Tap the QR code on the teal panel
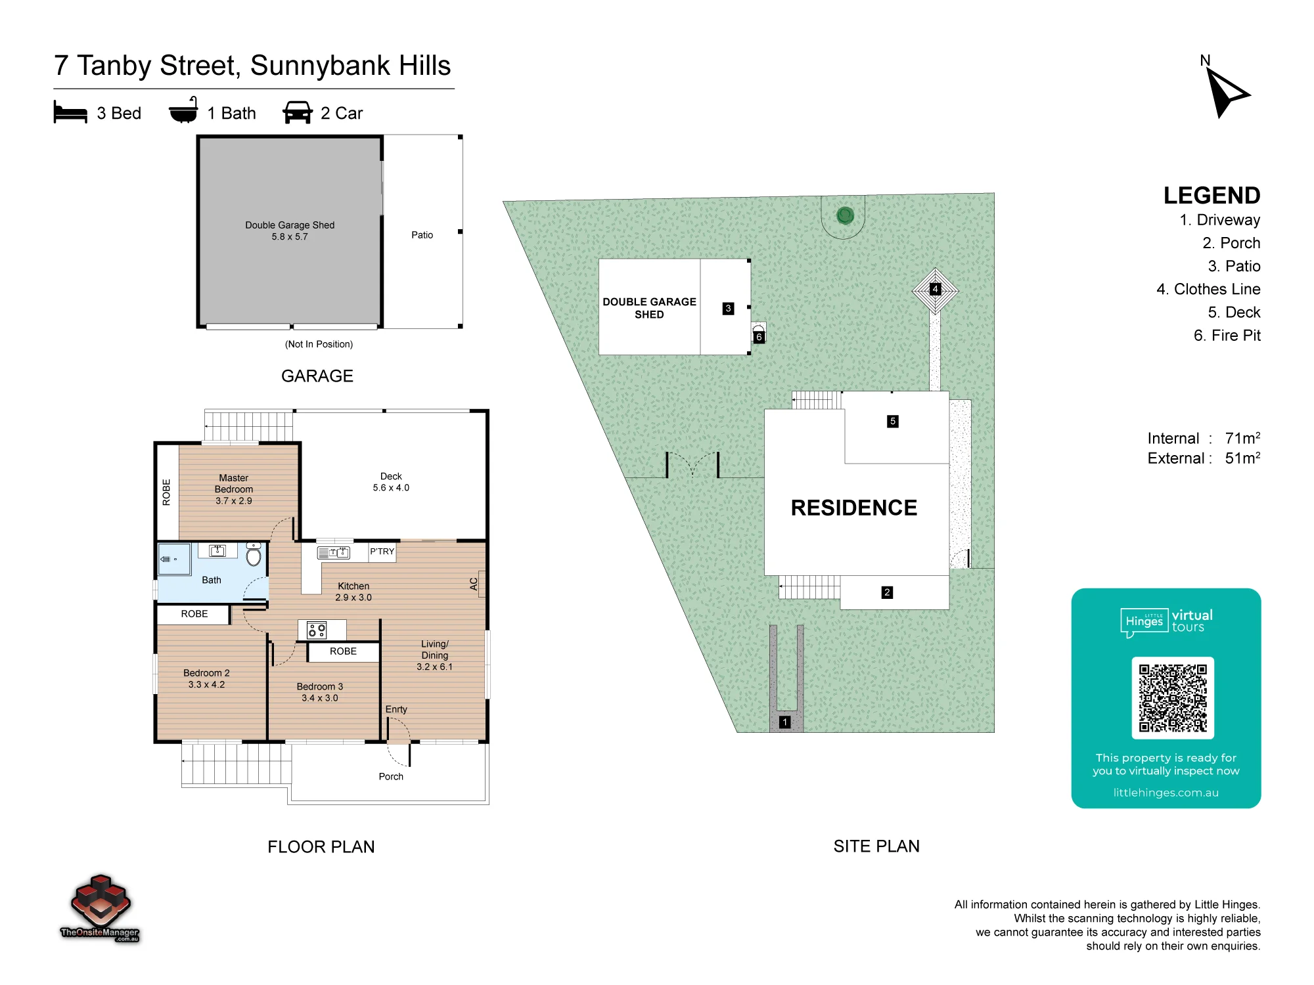pos(1173,697)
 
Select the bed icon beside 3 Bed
pos(70,112)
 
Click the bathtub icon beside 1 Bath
pos(183,110)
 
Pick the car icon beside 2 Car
pos(298,112)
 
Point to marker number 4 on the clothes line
pos(935,289)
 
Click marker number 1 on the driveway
pos(784,722)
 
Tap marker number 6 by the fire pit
pos(759,337)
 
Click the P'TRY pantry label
pos(382,552)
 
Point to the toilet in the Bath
pos(254,555)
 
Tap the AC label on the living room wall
pos(474,584)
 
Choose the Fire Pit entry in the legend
pos(1227,336)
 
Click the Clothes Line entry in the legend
pos(1208,289)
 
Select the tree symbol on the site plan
pos(845,215)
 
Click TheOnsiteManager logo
pos(100,909)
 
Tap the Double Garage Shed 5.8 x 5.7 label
pos(290,230)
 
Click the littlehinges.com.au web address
pos(1166,793)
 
